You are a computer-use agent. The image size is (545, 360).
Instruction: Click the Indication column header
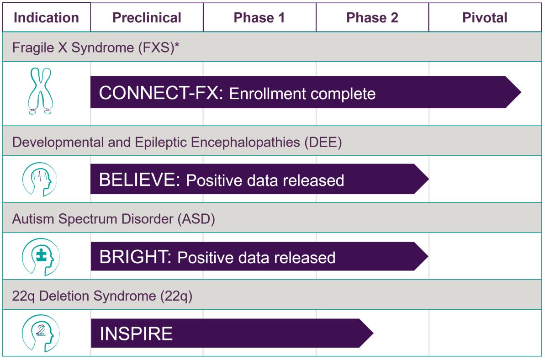(x=46, y=18)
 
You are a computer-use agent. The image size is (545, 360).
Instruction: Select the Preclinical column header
(x=147, y=18)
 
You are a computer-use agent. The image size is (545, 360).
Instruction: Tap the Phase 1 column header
(x=259, y=18)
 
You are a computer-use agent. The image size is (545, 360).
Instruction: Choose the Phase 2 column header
(x=372, y=18)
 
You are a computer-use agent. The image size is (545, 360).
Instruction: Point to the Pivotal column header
(x=485, y=18)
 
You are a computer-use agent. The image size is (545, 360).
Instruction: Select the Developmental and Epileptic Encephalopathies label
(x=177, y=142)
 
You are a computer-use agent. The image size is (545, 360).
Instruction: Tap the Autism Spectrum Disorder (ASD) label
(x=113, y=219)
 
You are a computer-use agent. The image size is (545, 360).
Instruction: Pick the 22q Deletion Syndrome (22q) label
(x=102, y=296)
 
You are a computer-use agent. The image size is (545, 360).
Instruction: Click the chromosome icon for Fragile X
(x=41, y=91)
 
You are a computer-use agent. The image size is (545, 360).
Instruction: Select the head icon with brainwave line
(x=40, y=179)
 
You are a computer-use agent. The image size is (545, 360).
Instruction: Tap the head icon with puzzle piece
(x=41, y=257)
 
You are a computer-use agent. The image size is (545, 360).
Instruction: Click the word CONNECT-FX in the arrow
(x=161, y=93)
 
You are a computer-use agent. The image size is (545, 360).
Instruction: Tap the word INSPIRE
(x=136, y=334)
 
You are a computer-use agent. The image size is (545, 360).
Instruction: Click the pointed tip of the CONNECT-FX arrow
(x=521, y=92)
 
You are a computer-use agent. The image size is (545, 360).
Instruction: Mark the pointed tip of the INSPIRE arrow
(x=373, y=333)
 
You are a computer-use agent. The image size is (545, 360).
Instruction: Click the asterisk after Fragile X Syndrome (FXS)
(x=177, y=44)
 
